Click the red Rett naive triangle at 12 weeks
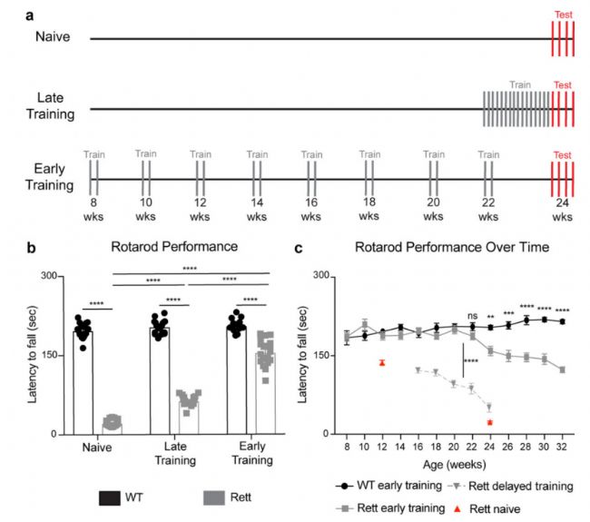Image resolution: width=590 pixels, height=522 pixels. point(383,362)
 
